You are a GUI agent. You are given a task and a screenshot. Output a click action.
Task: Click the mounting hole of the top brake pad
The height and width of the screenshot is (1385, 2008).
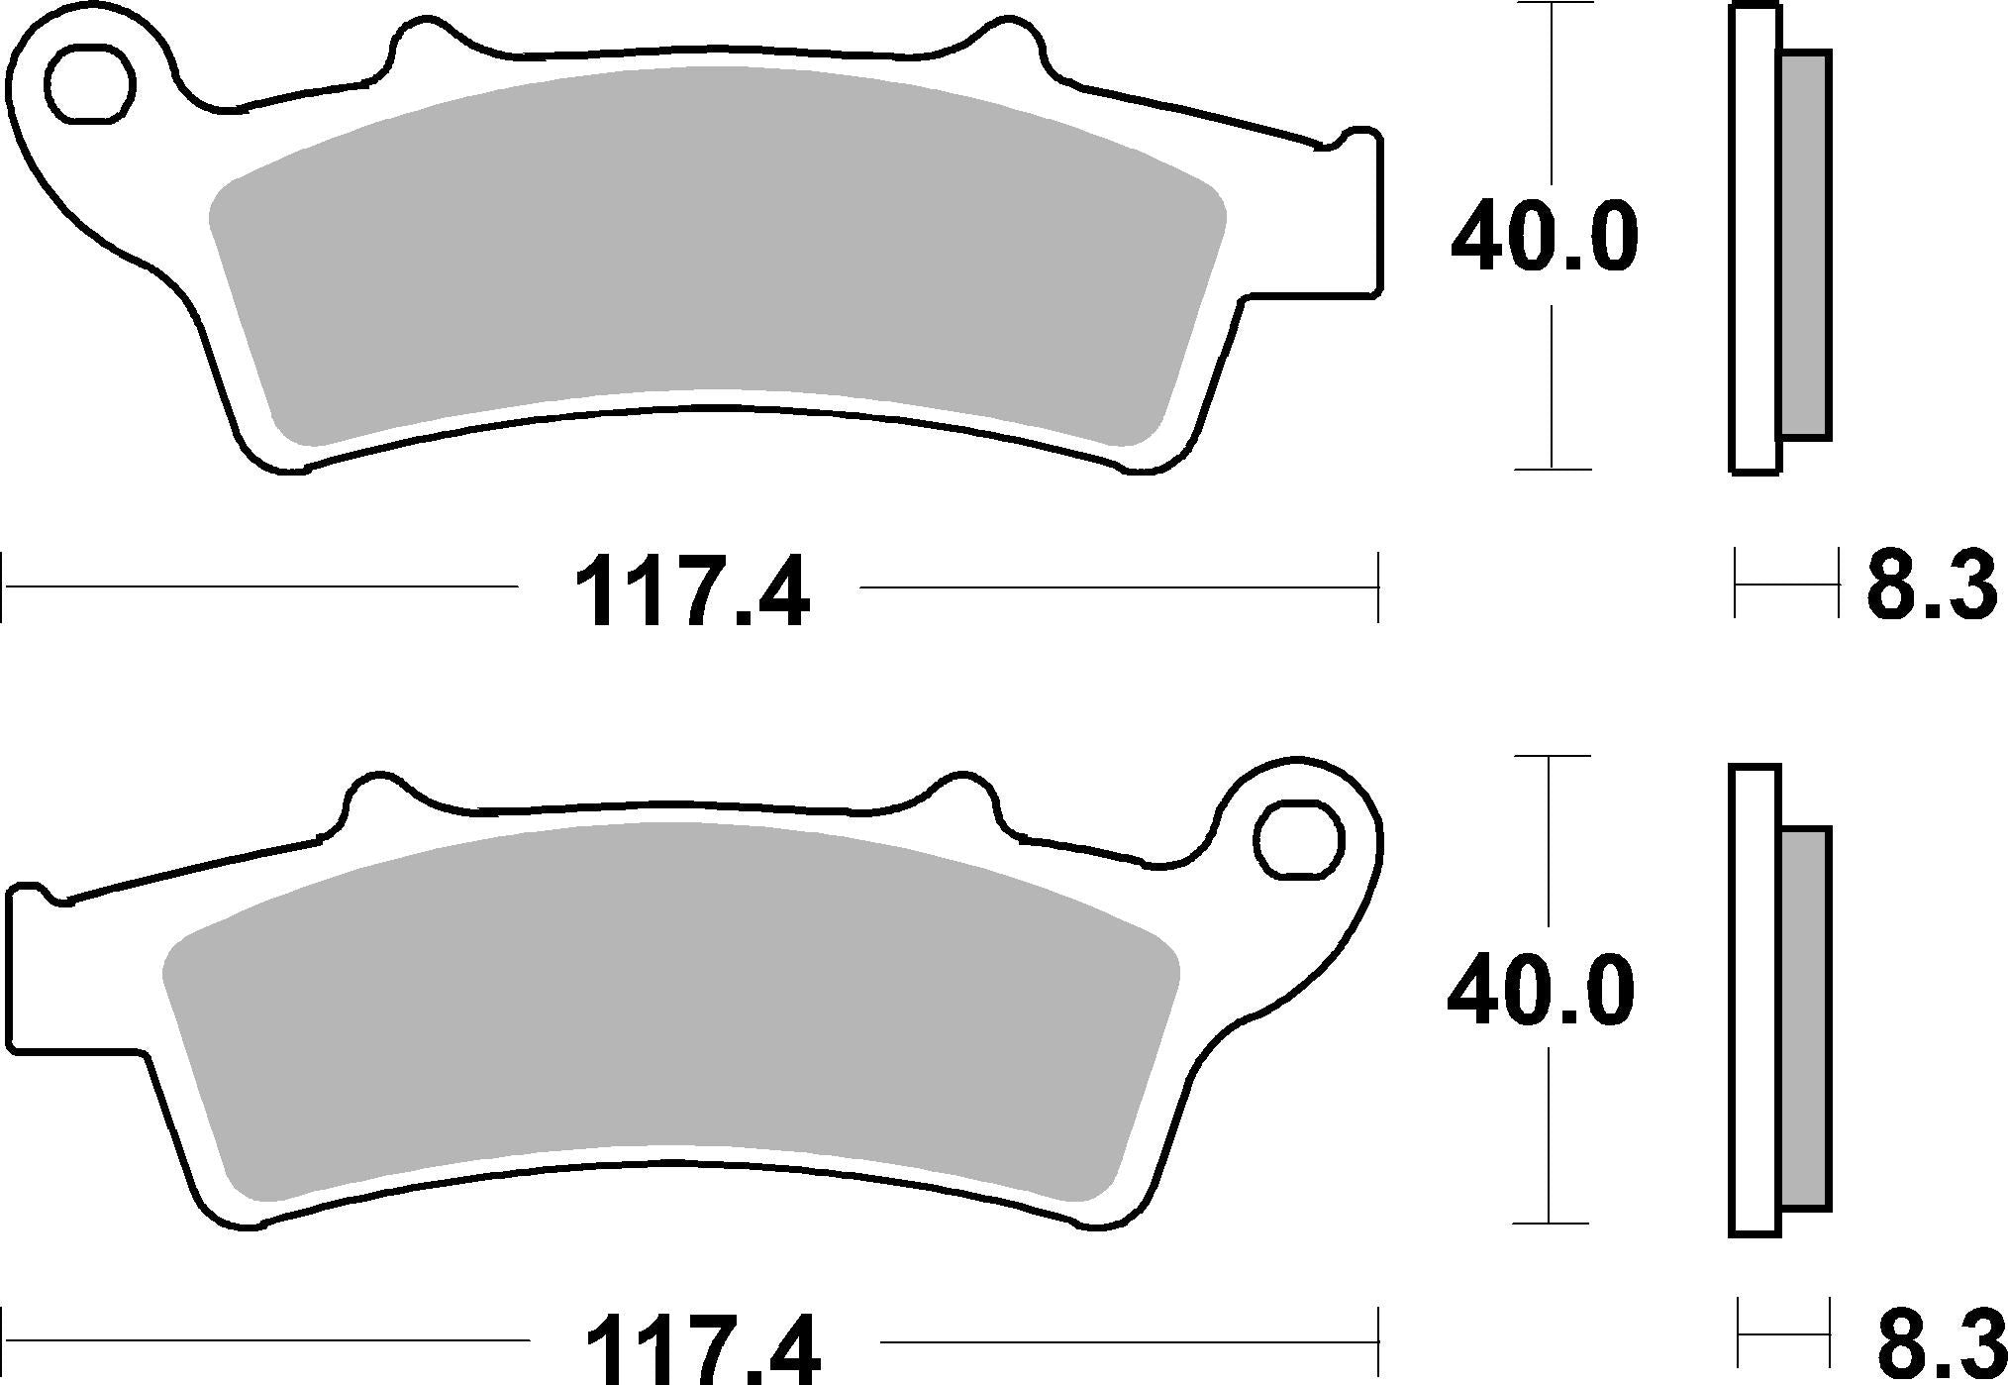90,84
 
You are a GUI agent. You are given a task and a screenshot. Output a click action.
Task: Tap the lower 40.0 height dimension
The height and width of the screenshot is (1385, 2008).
1541,991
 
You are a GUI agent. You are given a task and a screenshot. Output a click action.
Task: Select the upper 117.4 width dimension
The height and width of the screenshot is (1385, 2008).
690,595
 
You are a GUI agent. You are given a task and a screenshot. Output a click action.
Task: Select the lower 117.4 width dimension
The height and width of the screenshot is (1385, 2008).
703,1349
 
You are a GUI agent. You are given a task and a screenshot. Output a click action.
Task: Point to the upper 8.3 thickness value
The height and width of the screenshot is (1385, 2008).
1930,586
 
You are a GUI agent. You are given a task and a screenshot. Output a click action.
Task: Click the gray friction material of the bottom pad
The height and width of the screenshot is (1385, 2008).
673,1001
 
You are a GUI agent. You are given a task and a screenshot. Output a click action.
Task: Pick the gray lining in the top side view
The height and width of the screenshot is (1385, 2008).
1804,246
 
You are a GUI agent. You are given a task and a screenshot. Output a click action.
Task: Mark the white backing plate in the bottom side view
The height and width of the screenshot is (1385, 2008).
1756,1001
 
